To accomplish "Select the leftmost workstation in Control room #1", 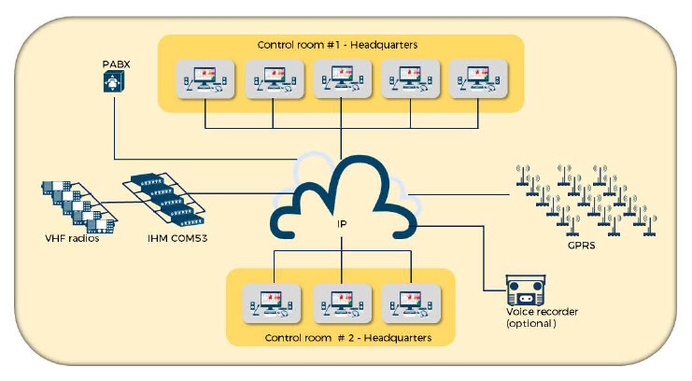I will click(x=204, y=80).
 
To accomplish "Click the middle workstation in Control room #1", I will click(x=340, y=80).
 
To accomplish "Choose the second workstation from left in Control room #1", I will click(x=273, y=80).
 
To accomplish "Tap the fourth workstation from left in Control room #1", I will click(x=408, y=80).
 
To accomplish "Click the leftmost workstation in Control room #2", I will click(x=271, y=302).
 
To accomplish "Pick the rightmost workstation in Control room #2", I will click(x=409, y=302).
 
